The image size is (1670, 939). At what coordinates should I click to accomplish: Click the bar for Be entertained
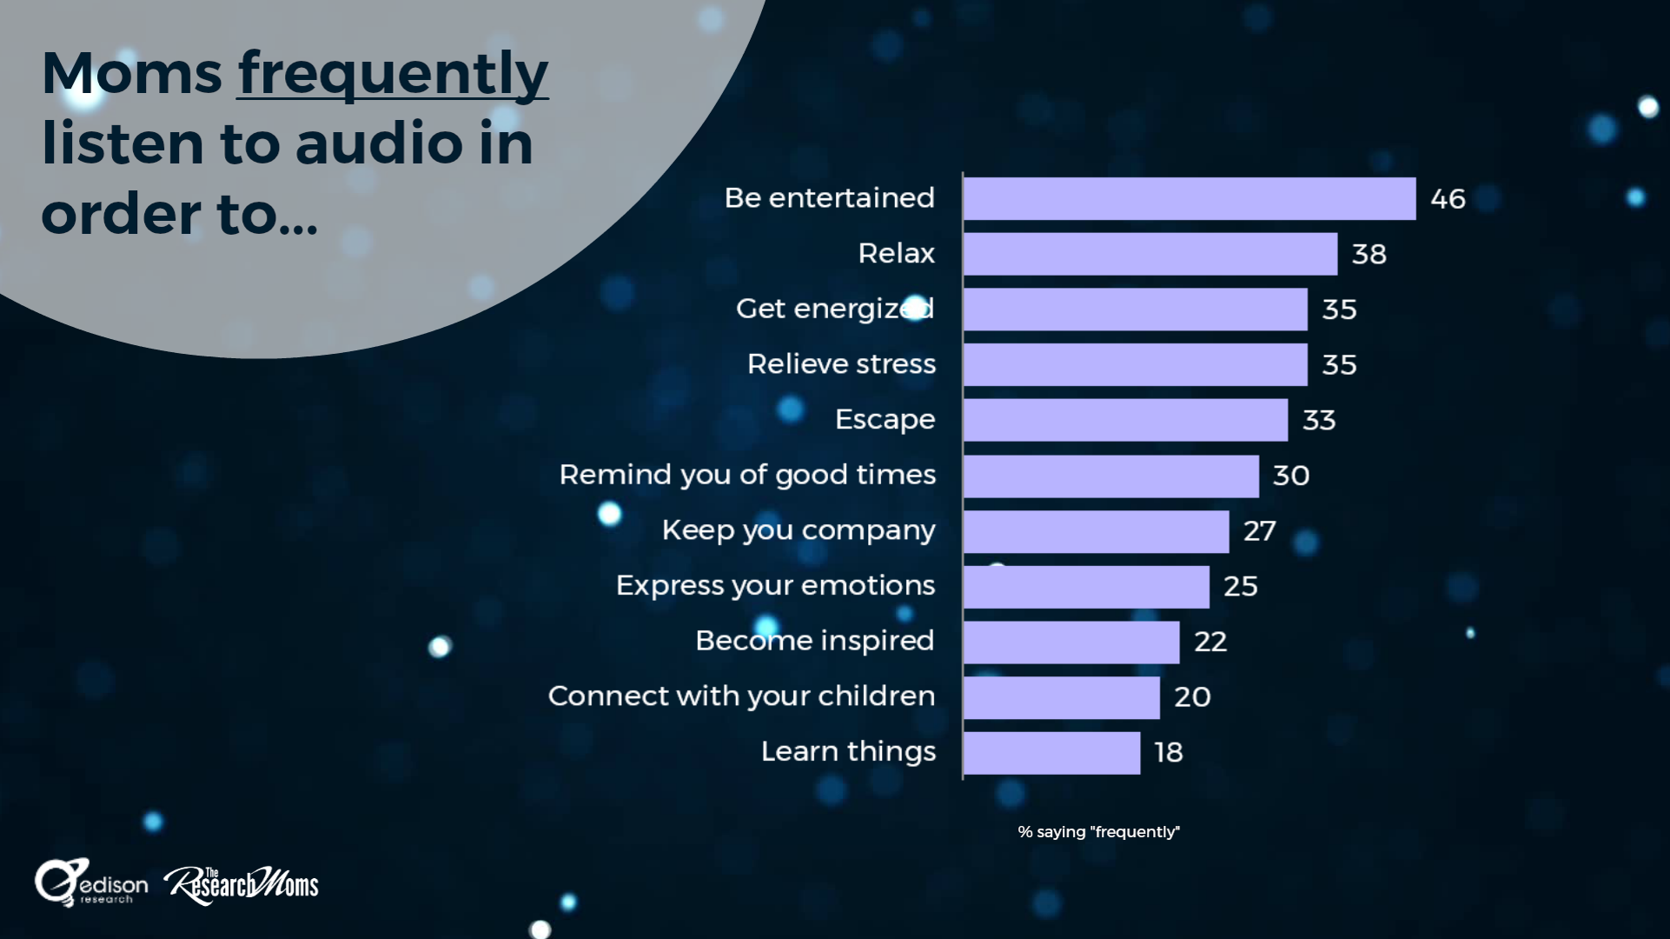coord(1190,198)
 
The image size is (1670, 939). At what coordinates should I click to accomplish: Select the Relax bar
coord(1150,254)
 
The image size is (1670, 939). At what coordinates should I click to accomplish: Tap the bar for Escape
coord(1125,420)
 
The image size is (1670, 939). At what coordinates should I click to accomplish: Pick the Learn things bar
coord(1051,753)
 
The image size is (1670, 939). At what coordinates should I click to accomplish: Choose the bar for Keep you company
coord(1097,531)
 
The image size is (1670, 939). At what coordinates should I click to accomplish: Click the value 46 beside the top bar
coord(1448,199)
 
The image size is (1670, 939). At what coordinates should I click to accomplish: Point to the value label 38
coord(1368,254)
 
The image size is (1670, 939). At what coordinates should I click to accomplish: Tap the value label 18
coord(1169,752)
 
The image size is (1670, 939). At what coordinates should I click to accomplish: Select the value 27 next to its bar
coord(1259,530)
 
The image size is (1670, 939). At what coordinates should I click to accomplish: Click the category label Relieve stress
coord(841,363)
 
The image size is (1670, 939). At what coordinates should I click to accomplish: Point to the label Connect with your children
coord(742,696)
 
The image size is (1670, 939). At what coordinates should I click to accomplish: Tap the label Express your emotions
coord(775,586)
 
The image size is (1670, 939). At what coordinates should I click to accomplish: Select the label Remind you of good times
coord(747,475)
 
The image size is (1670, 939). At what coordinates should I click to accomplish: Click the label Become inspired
coord(815,641)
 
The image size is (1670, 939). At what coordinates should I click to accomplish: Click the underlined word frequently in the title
coord(393,75)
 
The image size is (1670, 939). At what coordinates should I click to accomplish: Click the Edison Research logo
coord(90,883)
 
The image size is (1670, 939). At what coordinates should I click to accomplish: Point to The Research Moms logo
coord(242,885)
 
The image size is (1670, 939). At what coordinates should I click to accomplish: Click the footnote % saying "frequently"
coord(1098,832)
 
